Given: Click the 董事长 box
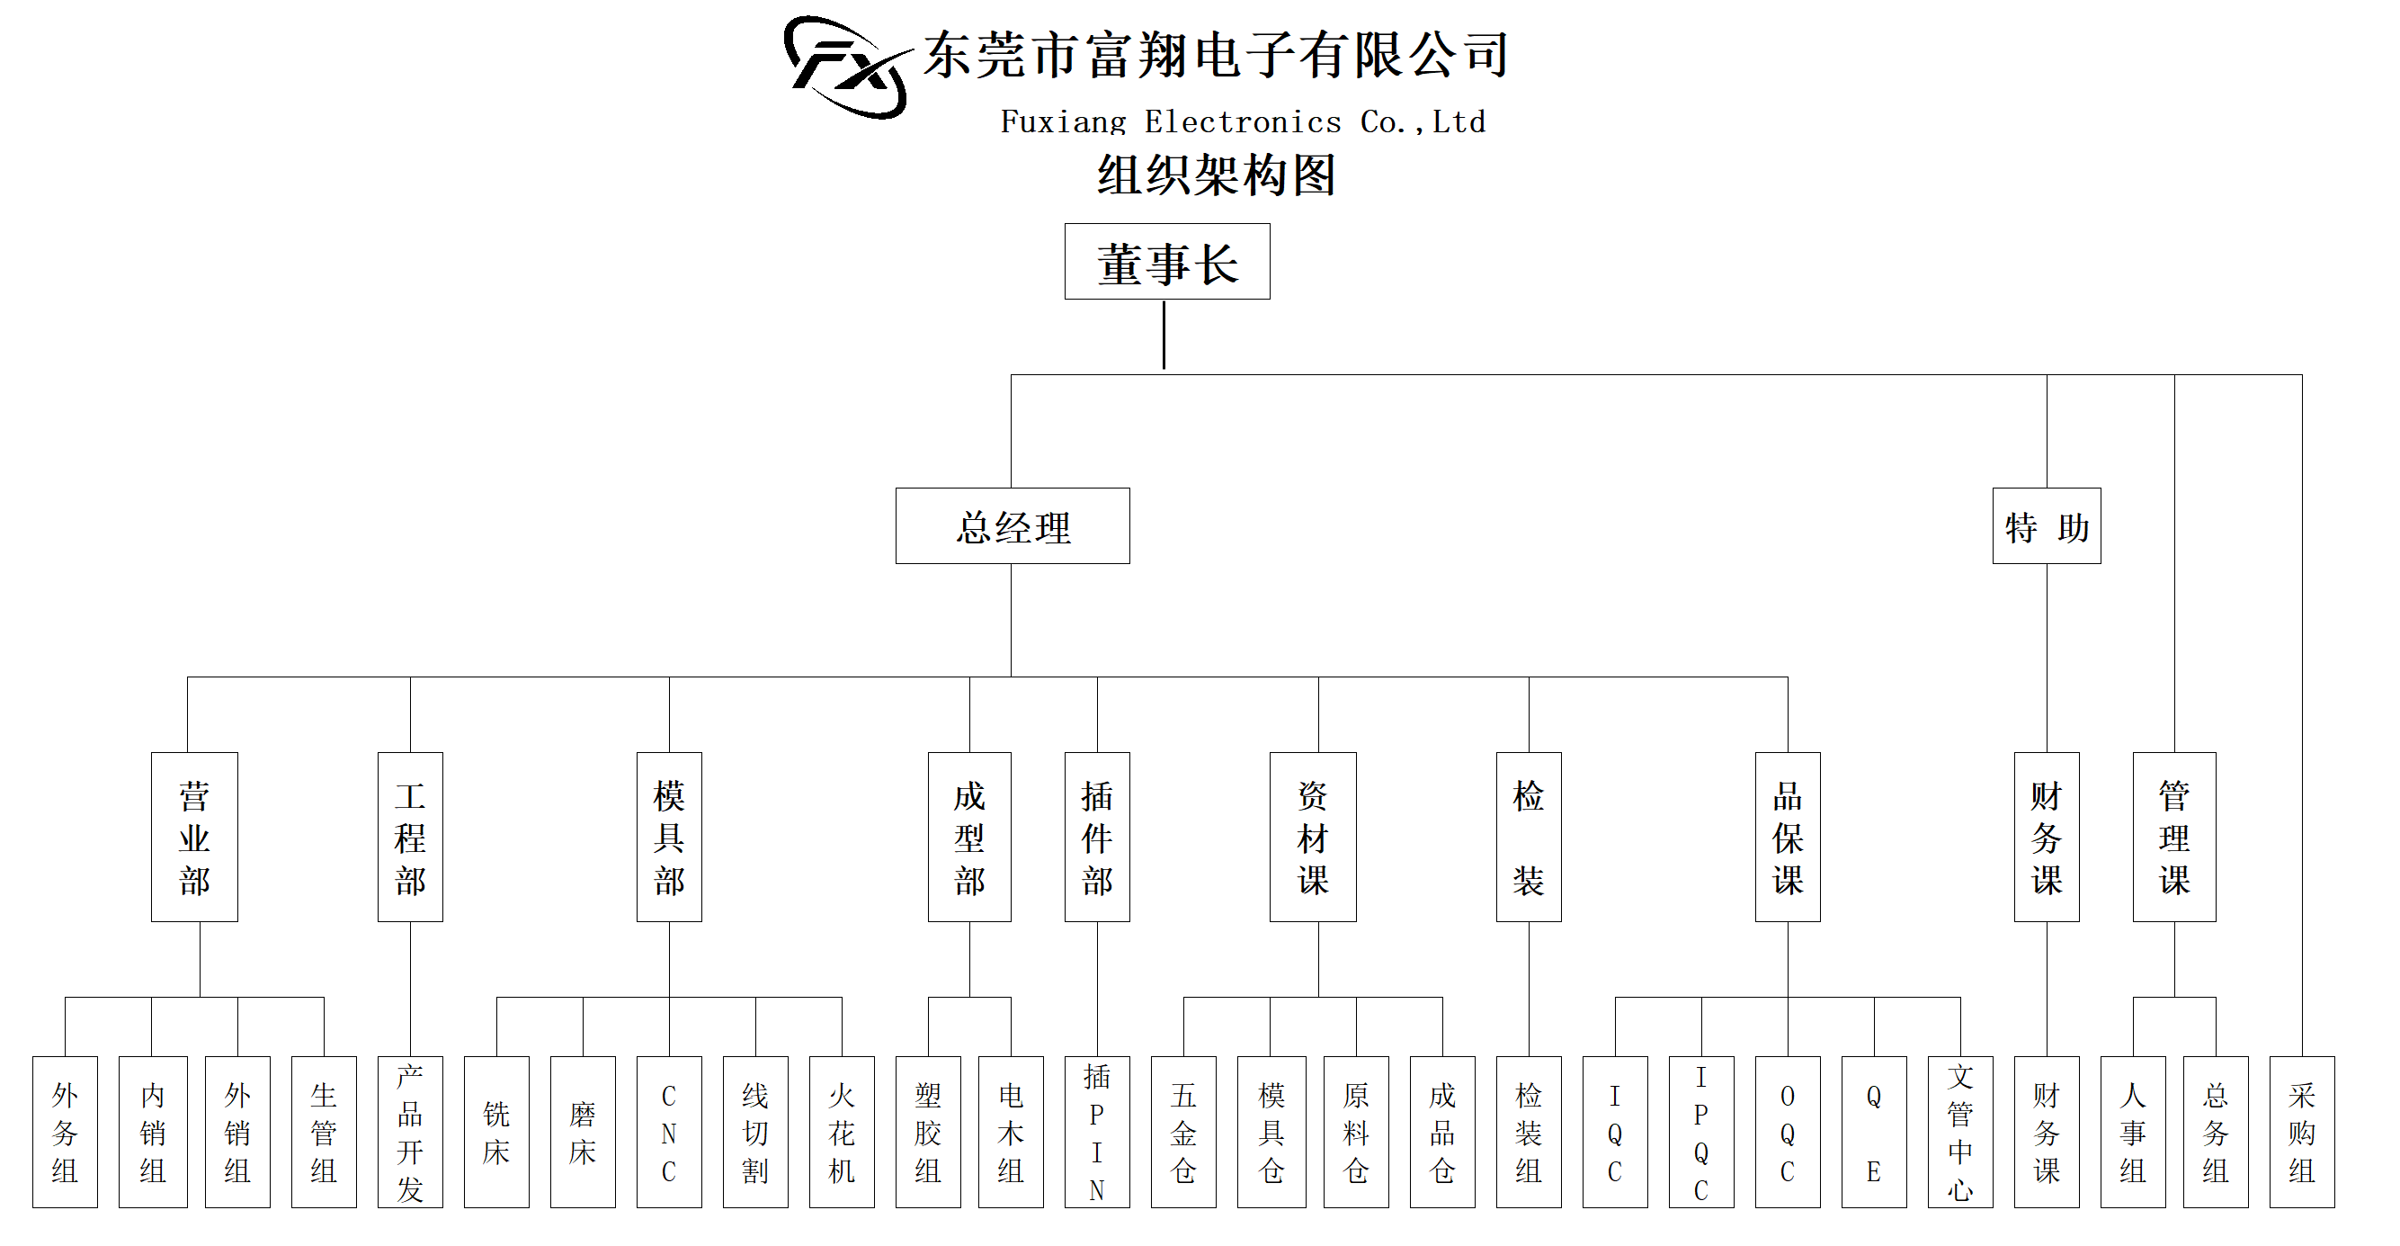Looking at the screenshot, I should click(x=1166, y=262).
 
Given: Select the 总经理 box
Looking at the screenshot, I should click(x=1012, y=526).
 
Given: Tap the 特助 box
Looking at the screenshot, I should click(x=2046, y=526).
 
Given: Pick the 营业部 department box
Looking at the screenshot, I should click(x=194, y=837).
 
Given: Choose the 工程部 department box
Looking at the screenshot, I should click(x=410, y=837).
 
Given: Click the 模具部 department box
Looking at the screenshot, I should click(x=669, y=837).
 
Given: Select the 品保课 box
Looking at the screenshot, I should click(x=1787, y=837).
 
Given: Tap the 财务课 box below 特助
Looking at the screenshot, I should click(x=2046, y=837).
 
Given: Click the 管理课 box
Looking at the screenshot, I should click(x=2173, y=837).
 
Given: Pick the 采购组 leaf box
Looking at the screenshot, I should click(x=2301, y=1132).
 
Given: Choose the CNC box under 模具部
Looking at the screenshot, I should click(x=669, y=1132).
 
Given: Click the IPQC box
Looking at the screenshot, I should click(x=1700, y=1132).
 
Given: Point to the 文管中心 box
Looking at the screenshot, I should click(x=1959, y=1132).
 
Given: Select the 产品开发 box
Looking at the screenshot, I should click(x=410, y=1132).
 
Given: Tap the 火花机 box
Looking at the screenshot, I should click(x=842, y=1132).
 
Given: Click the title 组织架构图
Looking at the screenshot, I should click(x=1216, y=175).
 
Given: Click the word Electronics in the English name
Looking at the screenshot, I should click(x=1243, y=122).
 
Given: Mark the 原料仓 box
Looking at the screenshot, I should click(x=1356, y=1132).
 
